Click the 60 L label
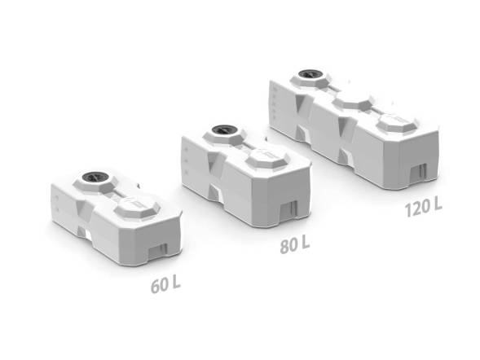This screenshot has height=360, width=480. coord(165,284)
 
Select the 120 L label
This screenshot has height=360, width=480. coord(424,207)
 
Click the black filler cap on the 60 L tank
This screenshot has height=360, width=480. coord(95,177)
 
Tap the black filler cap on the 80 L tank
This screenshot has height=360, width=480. coord(224,130)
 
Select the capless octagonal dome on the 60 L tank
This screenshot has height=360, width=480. coord(137,208)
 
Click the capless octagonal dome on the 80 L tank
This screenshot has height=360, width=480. coord(268,158)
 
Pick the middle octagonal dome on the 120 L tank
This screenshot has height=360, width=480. coord(353,103)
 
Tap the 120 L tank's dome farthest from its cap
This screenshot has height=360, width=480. coord(397,122)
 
